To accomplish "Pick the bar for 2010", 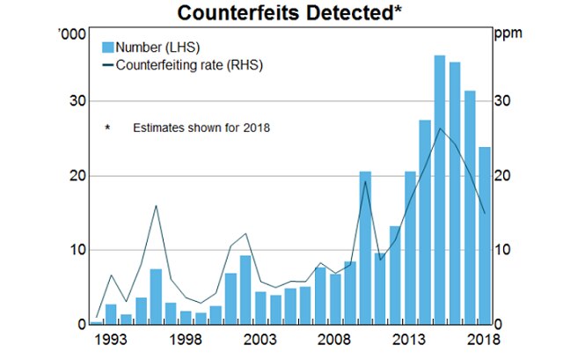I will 365,247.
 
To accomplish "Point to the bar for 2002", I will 245,290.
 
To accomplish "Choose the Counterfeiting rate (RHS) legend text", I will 190,64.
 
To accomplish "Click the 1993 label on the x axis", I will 111,340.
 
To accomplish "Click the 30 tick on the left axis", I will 77,101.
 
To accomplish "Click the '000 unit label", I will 72,34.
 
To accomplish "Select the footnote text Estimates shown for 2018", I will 201,128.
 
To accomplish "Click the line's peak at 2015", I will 440,129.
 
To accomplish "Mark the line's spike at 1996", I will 156,206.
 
